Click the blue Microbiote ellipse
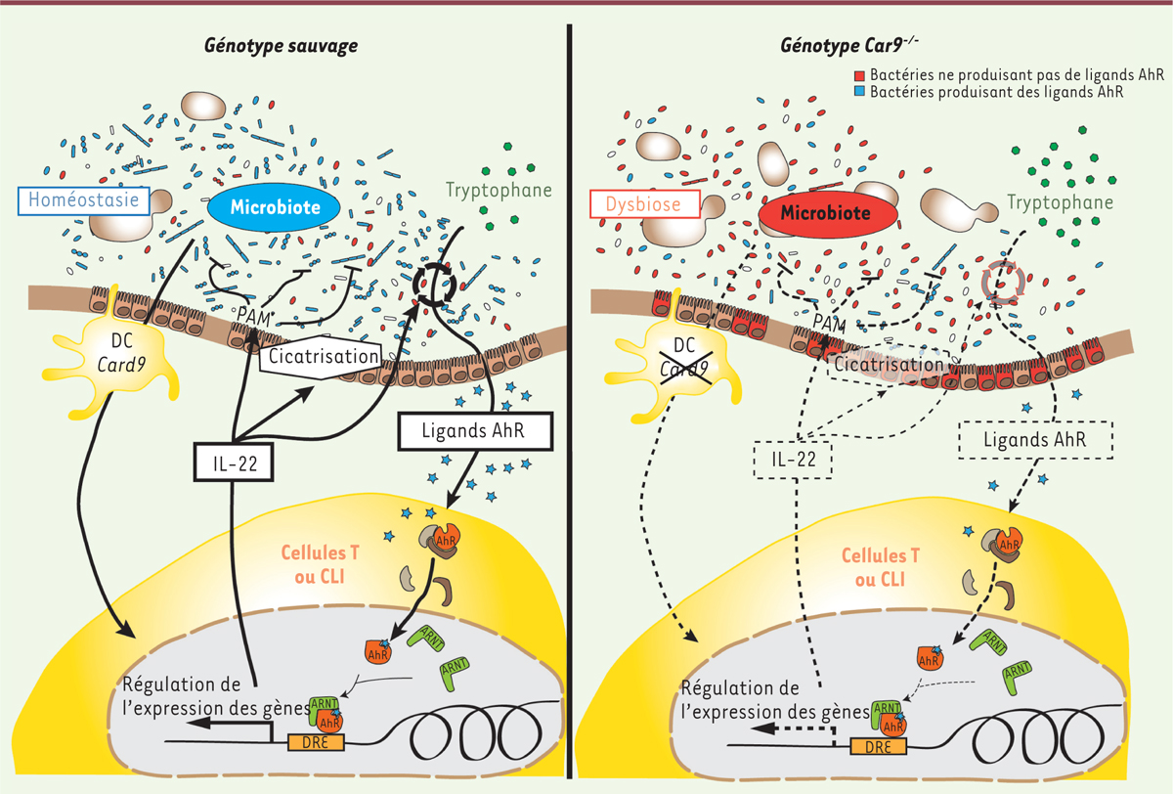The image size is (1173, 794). [274, 207]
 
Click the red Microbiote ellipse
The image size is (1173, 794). [828, 212]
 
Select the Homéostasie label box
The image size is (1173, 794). [84, 200]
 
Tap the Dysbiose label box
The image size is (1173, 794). [645, 203]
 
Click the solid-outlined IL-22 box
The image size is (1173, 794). [234, 462]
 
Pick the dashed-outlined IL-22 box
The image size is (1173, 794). [793, 460]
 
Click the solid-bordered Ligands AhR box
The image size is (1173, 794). [475, 431]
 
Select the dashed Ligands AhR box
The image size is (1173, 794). [1035, 440]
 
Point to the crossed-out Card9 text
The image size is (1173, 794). [684, 370]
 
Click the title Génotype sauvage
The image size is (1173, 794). [282, 46]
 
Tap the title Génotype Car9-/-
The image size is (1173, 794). [848, 45]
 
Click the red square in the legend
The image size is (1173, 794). [859, 76]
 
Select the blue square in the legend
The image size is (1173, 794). [859, 91]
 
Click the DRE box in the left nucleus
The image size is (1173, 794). [316, 742]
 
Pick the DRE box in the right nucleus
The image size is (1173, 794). [878, 746]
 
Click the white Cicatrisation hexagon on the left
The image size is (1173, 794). [322, 357]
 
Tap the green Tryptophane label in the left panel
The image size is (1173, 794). [499, 190]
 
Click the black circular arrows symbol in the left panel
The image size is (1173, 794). [434, 285]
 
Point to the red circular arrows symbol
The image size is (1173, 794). [1003, 283]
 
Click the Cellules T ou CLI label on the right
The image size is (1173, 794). [881, 567]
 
